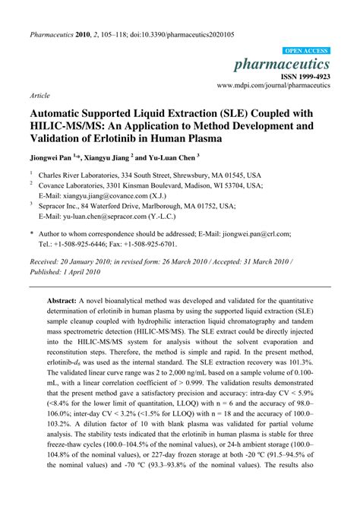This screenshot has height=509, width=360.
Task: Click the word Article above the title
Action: click(39, 96)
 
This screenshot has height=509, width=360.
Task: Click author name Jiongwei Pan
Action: click(51, 160)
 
